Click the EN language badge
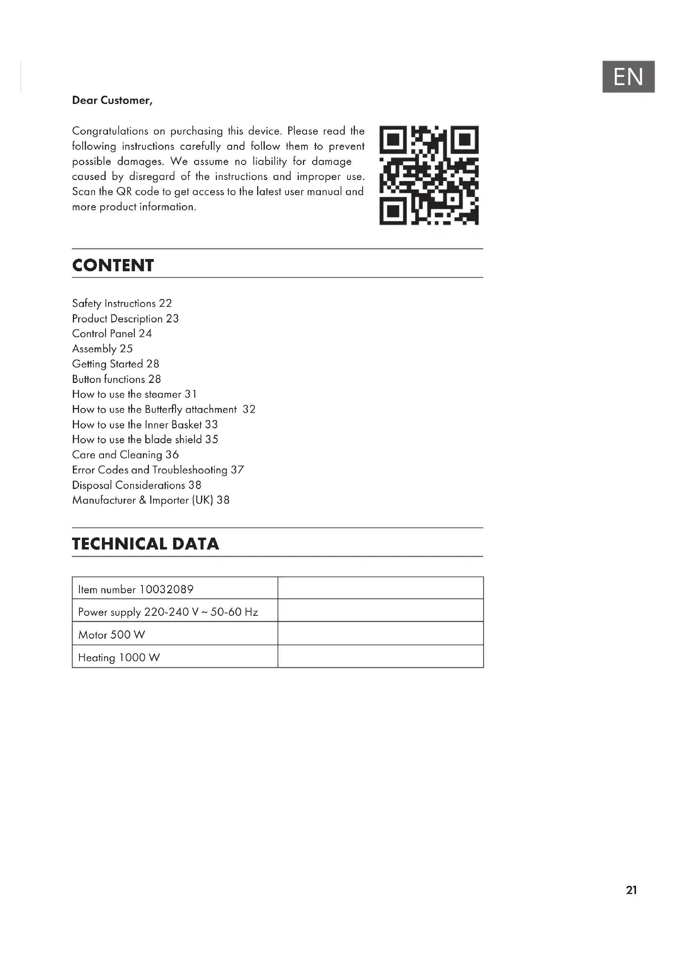point(628,77)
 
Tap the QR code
point(429,175)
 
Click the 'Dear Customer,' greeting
point(112,101)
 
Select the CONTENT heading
point(113,266)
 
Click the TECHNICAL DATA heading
point(145,544)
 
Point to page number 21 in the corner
point(631,890)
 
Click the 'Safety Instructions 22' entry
point(122,304)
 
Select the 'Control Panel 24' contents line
point(112,333)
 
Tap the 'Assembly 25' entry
point(102,349)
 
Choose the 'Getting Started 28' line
point(115,364)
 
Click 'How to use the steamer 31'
point(134,394)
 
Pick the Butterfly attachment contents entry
point(163,409)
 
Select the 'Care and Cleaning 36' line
point(125,455)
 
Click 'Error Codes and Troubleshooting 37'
point(158,470)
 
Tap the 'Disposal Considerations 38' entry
point(136,485)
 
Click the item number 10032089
point(166,589)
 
